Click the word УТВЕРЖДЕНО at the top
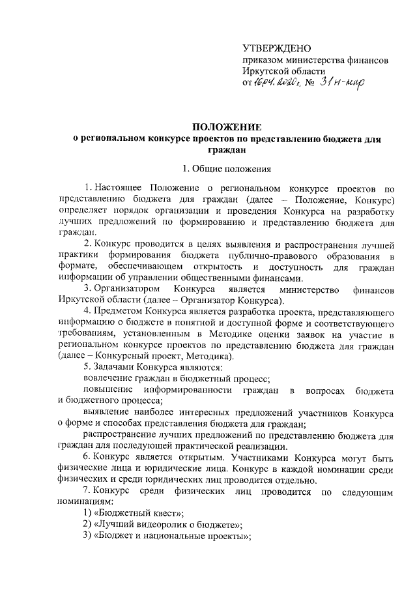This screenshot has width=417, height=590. tap(276, 48)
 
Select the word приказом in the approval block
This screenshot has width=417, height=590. tap(262, 60)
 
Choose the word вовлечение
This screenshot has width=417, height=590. tap(109, 379)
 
